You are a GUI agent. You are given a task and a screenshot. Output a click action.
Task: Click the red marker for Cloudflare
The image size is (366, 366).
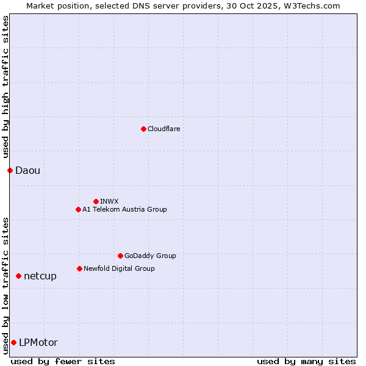point(143,129)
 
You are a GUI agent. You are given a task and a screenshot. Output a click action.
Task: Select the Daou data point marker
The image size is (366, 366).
point(10,170)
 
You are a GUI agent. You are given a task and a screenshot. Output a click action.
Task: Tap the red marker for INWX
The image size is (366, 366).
point(96,201)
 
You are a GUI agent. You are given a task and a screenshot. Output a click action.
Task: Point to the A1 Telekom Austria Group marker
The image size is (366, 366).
point(78,209)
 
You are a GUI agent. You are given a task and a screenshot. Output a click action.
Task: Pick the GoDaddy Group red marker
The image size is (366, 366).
point(120,256)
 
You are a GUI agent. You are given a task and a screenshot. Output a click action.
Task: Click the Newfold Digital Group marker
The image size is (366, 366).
point(79,268)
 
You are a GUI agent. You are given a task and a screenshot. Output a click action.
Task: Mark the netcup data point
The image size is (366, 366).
point(18,276)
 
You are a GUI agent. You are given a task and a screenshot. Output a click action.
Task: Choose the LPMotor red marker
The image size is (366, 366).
point(13,342)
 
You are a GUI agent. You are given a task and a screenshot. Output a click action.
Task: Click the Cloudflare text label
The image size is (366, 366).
point(163,129)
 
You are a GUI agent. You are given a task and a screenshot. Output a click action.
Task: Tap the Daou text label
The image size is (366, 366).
point(27,170)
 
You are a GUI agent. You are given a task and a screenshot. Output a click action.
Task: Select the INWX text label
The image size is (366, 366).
point(109,201)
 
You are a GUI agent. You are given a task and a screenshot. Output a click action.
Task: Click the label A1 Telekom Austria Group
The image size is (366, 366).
point(124,209)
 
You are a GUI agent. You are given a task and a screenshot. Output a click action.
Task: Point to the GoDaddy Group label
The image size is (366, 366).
point(150,256)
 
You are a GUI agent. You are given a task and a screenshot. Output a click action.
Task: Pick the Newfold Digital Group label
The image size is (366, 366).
point(119,268)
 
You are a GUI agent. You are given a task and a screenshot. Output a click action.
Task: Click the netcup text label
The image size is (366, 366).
point(40,276)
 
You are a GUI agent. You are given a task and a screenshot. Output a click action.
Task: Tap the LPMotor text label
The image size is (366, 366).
point(38,342)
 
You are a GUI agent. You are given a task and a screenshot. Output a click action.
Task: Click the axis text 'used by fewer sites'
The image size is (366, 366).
point(63,361)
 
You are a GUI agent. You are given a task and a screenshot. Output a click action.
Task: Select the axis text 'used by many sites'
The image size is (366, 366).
point(306,361)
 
